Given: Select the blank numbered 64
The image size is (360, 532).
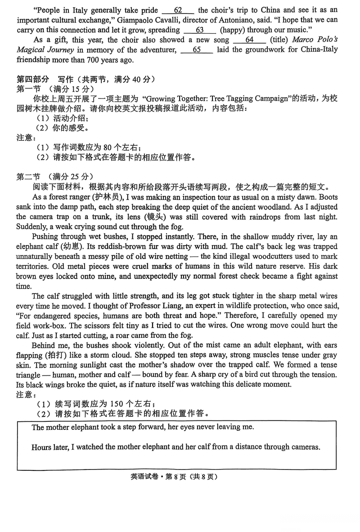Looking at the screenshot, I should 249,40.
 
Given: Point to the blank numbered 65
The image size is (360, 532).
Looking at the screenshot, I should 196,50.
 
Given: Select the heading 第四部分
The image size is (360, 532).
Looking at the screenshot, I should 31,80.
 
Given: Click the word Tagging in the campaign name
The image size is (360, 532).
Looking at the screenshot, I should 236,99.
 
